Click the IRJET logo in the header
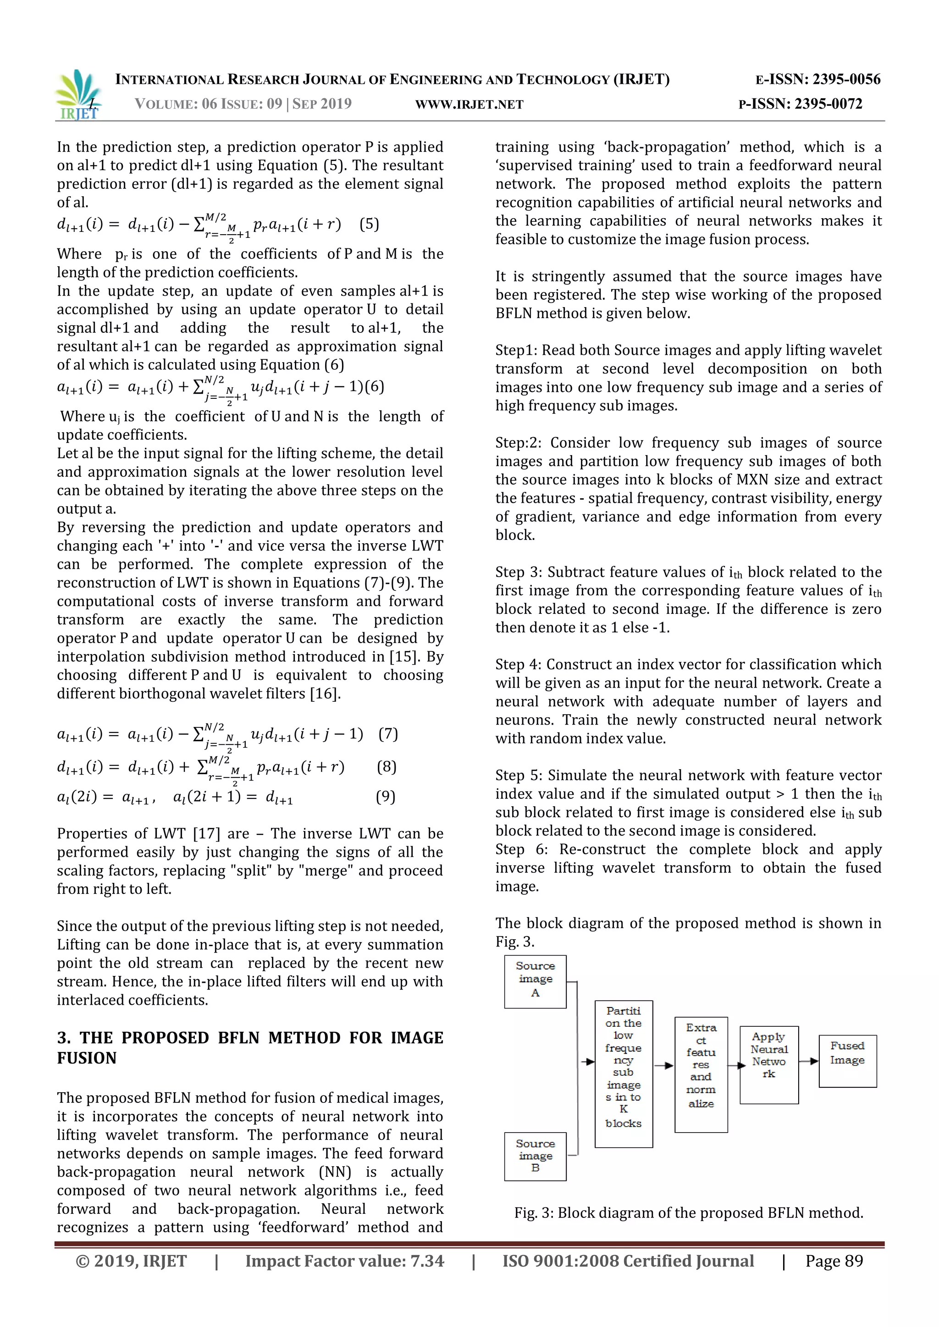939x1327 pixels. (x=79, y=94)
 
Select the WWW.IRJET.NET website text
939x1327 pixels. (x=469, y=105)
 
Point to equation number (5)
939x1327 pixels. (x=369, y=224)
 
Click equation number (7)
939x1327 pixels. (x=388, y=734)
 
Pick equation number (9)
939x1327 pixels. (x=386, y=797)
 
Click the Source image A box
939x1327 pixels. (x=535, y=981)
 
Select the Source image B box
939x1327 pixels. (x=535, y=1156)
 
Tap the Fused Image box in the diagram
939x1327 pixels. (x=847, y=1061)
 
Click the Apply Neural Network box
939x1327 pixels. (x=769, y=1065)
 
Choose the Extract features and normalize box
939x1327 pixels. (x=701, y=1074)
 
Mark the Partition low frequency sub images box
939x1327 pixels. (x=623, y=1074)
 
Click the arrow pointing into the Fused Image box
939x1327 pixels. (x=810, y=1061)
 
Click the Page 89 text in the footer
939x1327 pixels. (x=834, y=1261)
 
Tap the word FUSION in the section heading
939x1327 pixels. (x=87, y=1058)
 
